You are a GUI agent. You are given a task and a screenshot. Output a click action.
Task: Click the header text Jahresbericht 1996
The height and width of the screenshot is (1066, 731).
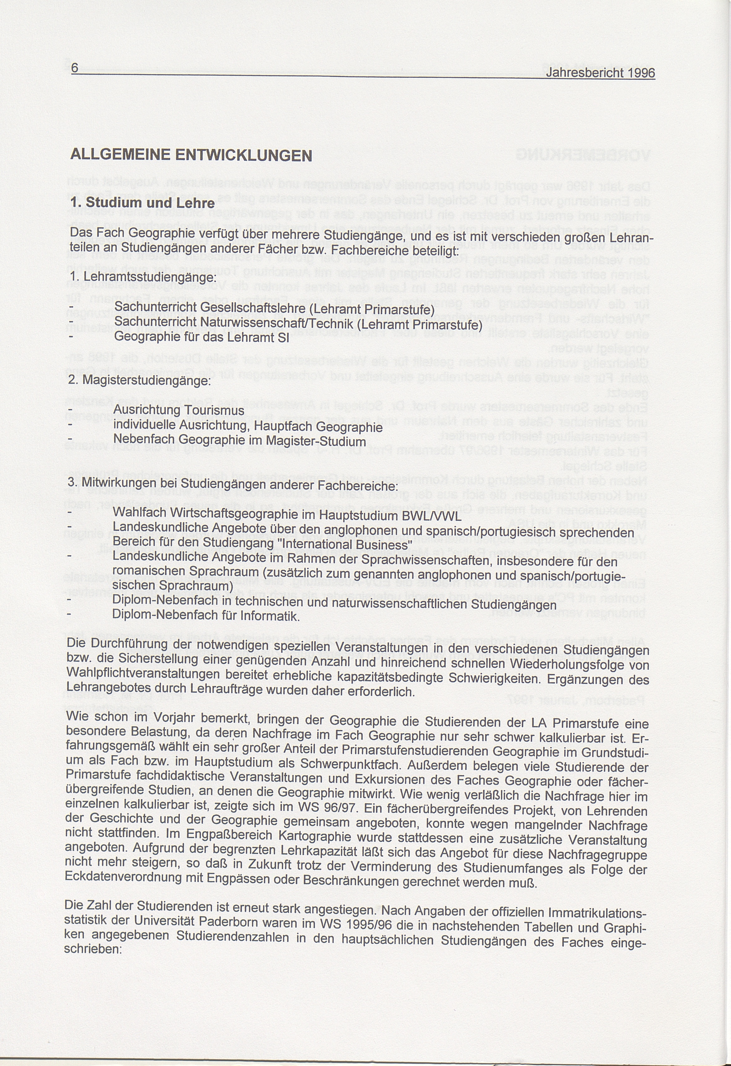point(600,73)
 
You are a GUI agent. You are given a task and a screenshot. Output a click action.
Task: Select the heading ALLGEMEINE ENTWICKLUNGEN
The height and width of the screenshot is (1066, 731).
point(191,154)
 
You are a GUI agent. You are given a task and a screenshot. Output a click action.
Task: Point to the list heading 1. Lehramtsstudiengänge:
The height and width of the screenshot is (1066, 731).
point(142,278)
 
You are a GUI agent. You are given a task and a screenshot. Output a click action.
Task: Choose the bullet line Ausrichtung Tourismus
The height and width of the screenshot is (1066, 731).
point(178,410)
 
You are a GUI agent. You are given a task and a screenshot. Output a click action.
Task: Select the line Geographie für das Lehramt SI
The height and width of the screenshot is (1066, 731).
point(201,338)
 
